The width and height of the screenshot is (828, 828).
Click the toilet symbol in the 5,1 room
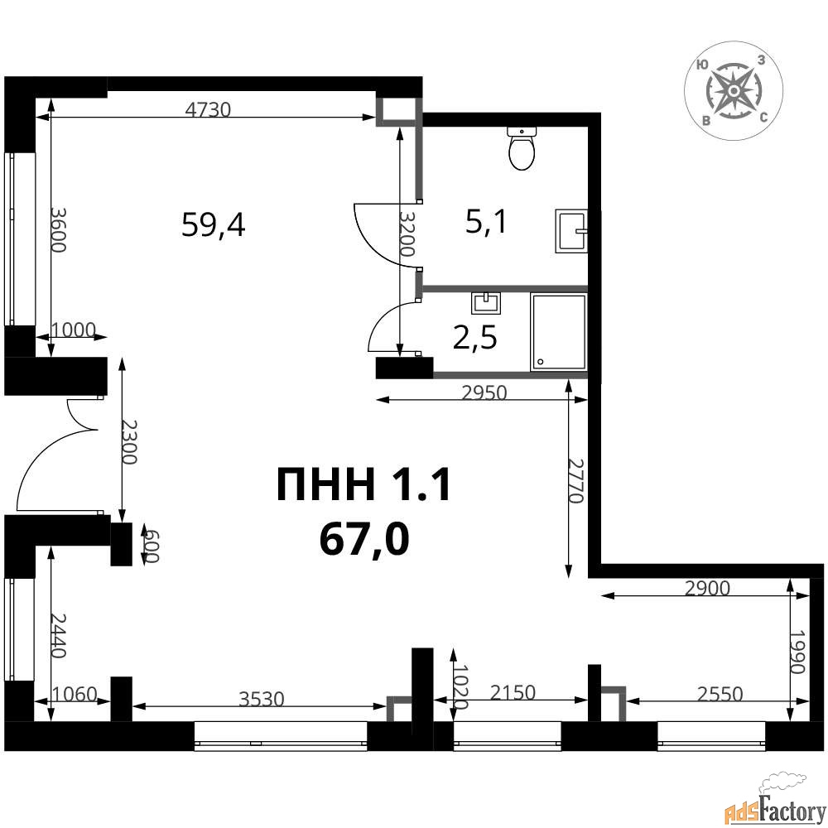[x=522, y=148]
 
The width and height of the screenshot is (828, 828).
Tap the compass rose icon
[x=733, y=92]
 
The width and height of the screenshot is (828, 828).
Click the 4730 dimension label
[x=209, y=109]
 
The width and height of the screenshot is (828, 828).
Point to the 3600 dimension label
[x=58, y=229]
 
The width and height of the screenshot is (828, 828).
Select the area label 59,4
[x=214, y=225]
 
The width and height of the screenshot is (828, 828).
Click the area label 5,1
[x=486, y=221]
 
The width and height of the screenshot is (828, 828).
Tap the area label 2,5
[x=475, y=338]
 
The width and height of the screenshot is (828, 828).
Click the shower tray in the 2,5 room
[x=559, y=332]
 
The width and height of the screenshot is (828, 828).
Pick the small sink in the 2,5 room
[x=486, y=302]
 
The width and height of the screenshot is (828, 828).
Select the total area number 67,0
[x=364, y=540]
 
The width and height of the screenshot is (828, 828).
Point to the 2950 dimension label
[x=484, y=392]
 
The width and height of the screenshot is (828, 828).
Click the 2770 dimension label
[x=575, y=480]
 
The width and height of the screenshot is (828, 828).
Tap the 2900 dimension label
[x=707, y=588]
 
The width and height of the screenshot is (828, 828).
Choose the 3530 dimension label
[x=262, y=699]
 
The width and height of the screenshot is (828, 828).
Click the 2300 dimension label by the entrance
[x=130, y=442]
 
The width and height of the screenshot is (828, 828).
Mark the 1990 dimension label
[x=798, y=652]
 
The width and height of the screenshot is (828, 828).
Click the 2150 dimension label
[x=513, y=692]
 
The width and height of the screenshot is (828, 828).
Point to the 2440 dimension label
[x=58, y=635]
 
